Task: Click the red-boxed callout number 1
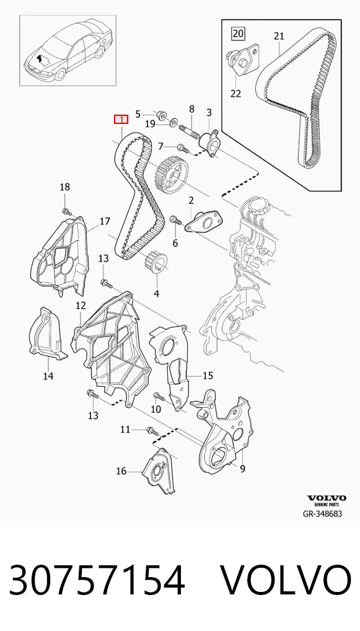pyautogui.click(x=121, y=119)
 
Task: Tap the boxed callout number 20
pyautogui.click(x=238, y=33)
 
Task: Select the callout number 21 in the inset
pyautogui.click(x=279, y=36)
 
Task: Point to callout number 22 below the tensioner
pyautogui.click(x=235, y=94)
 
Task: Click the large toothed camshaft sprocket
pyautogui.click(x=172, y=176)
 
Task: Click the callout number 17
pyautogui.click(x=105, y=221)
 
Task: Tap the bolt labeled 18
pyautogui.click(x=66, y=211)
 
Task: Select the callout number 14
pyautogui.click(x=48, y=376)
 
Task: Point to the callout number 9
pyautogui.click(x=242, y=469)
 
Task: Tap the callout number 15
pyautogui.click(x=208, y=376)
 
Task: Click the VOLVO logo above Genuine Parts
pyautogui.click(x=327, y=498)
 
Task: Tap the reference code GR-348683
pyautogui.click(x=323, y=513)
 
